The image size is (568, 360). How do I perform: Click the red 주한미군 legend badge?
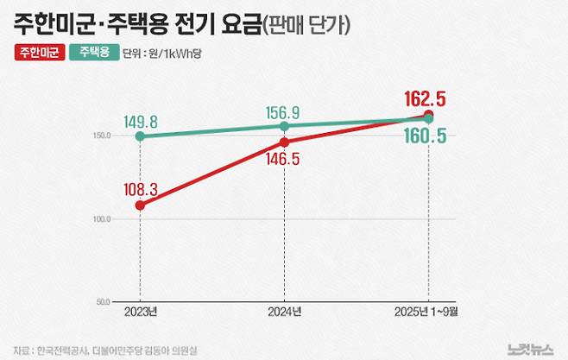pos(38,53)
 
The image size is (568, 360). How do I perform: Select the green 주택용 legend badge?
pos(93,53)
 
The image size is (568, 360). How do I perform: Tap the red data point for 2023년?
pos(140,205)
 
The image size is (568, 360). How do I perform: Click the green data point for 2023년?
pos(140,136)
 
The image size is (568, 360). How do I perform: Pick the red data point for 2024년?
pos(285,142)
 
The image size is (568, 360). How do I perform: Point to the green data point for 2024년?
pos(285,126)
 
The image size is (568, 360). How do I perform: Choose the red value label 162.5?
pos(426,98)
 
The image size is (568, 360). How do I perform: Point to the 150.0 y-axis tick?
pos(102,136)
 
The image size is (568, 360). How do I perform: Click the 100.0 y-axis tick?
pos(102,219)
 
